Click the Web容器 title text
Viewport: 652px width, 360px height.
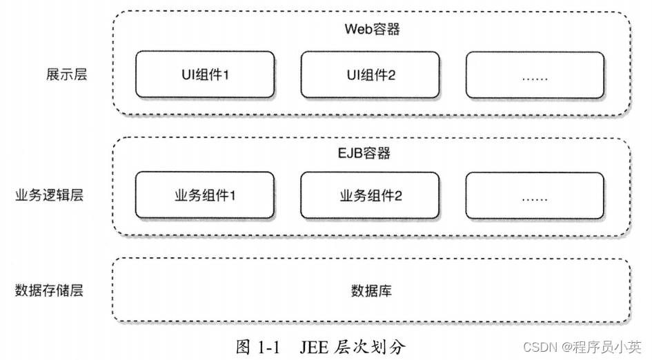click(x=372, y=30)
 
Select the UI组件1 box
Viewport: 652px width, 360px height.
click(x=205, y=74)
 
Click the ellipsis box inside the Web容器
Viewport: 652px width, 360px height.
click(x=535, y=74)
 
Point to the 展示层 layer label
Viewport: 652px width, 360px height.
click(x=63, y=74)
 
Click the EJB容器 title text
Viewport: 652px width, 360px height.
click(x=372, y=153)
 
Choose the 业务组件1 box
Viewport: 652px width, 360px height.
click(x=205, y=196)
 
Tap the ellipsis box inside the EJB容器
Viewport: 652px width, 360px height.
click(x=535, y=196)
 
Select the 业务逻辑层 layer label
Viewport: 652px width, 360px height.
click(x=49, y=196)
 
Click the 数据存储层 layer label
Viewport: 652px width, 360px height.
click(x=49, y=290)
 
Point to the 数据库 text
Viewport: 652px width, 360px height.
click(x=372, y=290)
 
